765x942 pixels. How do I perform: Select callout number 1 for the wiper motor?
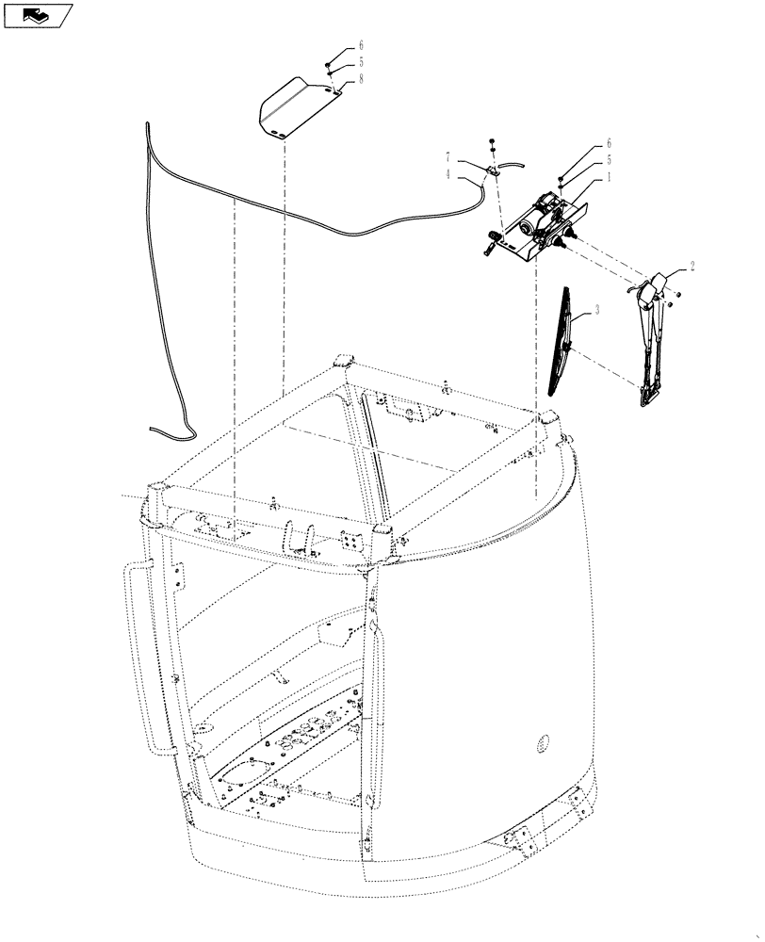point(610,175)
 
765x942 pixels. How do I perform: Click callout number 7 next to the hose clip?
point(449,154)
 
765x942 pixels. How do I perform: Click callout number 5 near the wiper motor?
point(610,159)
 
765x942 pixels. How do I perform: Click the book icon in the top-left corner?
point(38,14)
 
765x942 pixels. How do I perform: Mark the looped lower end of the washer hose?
point(170,429)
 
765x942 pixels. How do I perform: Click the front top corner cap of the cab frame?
point(382,534)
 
